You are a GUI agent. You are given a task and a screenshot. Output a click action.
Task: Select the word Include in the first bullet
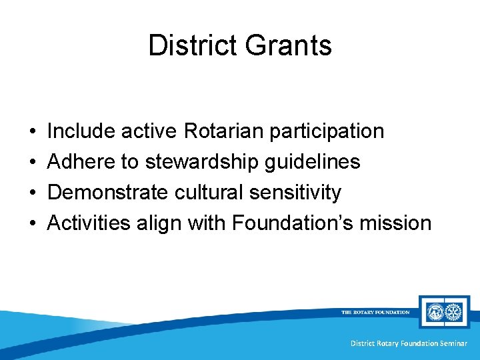tap(81, 131)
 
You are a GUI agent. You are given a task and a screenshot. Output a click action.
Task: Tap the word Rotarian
tap(223, 131)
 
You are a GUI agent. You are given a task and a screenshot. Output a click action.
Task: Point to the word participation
tap(327, 131)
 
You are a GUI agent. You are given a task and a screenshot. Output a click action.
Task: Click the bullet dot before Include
tap(33, 131)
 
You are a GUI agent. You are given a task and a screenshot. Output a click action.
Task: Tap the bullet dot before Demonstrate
tap(33, 193)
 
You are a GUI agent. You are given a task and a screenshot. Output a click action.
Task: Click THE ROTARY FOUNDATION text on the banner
tap(375, 312)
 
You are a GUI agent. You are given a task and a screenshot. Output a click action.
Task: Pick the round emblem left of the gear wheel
tap(434, 311)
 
